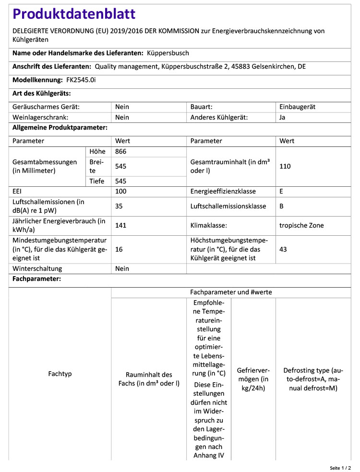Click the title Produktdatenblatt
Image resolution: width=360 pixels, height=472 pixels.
point(74,14)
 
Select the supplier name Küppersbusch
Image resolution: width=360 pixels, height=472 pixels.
point(168,53)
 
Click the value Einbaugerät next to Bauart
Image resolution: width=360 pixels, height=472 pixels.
point(298,107)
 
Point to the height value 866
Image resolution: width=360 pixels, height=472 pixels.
point(121,152)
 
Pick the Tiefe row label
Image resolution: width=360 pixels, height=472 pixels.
point(96,181)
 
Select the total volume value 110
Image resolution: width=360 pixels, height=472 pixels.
point(285,166)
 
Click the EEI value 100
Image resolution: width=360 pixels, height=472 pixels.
point(121,191)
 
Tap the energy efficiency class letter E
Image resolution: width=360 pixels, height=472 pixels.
point(281,191)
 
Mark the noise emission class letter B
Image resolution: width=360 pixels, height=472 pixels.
point(281,206)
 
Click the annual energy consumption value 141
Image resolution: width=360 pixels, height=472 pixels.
point(121,225)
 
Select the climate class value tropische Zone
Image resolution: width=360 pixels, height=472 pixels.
point(301,225)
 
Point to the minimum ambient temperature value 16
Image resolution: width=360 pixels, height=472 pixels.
point(119,249)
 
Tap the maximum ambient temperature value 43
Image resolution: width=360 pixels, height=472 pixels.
point(283,249)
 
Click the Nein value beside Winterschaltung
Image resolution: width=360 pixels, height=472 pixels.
point(122,268)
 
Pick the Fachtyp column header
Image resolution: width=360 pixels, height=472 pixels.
point(60,374)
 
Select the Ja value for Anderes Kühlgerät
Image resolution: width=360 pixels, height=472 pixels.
point(282,117)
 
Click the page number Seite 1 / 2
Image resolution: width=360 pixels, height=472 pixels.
point(340,468)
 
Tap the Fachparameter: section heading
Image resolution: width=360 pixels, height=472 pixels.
point(36,279)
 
